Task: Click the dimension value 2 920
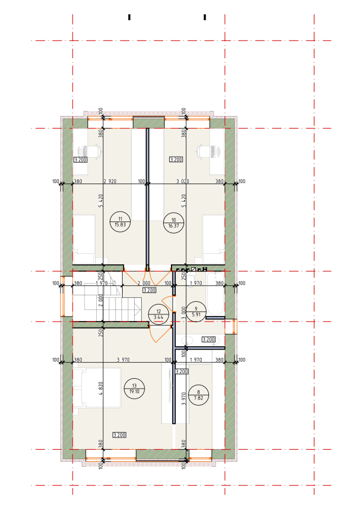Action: pos(110,181)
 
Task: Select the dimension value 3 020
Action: pos(182,181)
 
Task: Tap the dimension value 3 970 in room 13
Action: pos(123,359)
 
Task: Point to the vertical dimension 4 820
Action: pos(101,388)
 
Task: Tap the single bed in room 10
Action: pos(214,239)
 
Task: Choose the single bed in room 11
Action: pos(84,239)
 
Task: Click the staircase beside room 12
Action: pos(107,297)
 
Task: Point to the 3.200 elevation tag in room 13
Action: pos(119,435)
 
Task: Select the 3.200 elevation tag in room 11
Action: pos(80,160)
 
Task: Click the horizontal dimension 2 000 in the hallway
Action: pos(144,283)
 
